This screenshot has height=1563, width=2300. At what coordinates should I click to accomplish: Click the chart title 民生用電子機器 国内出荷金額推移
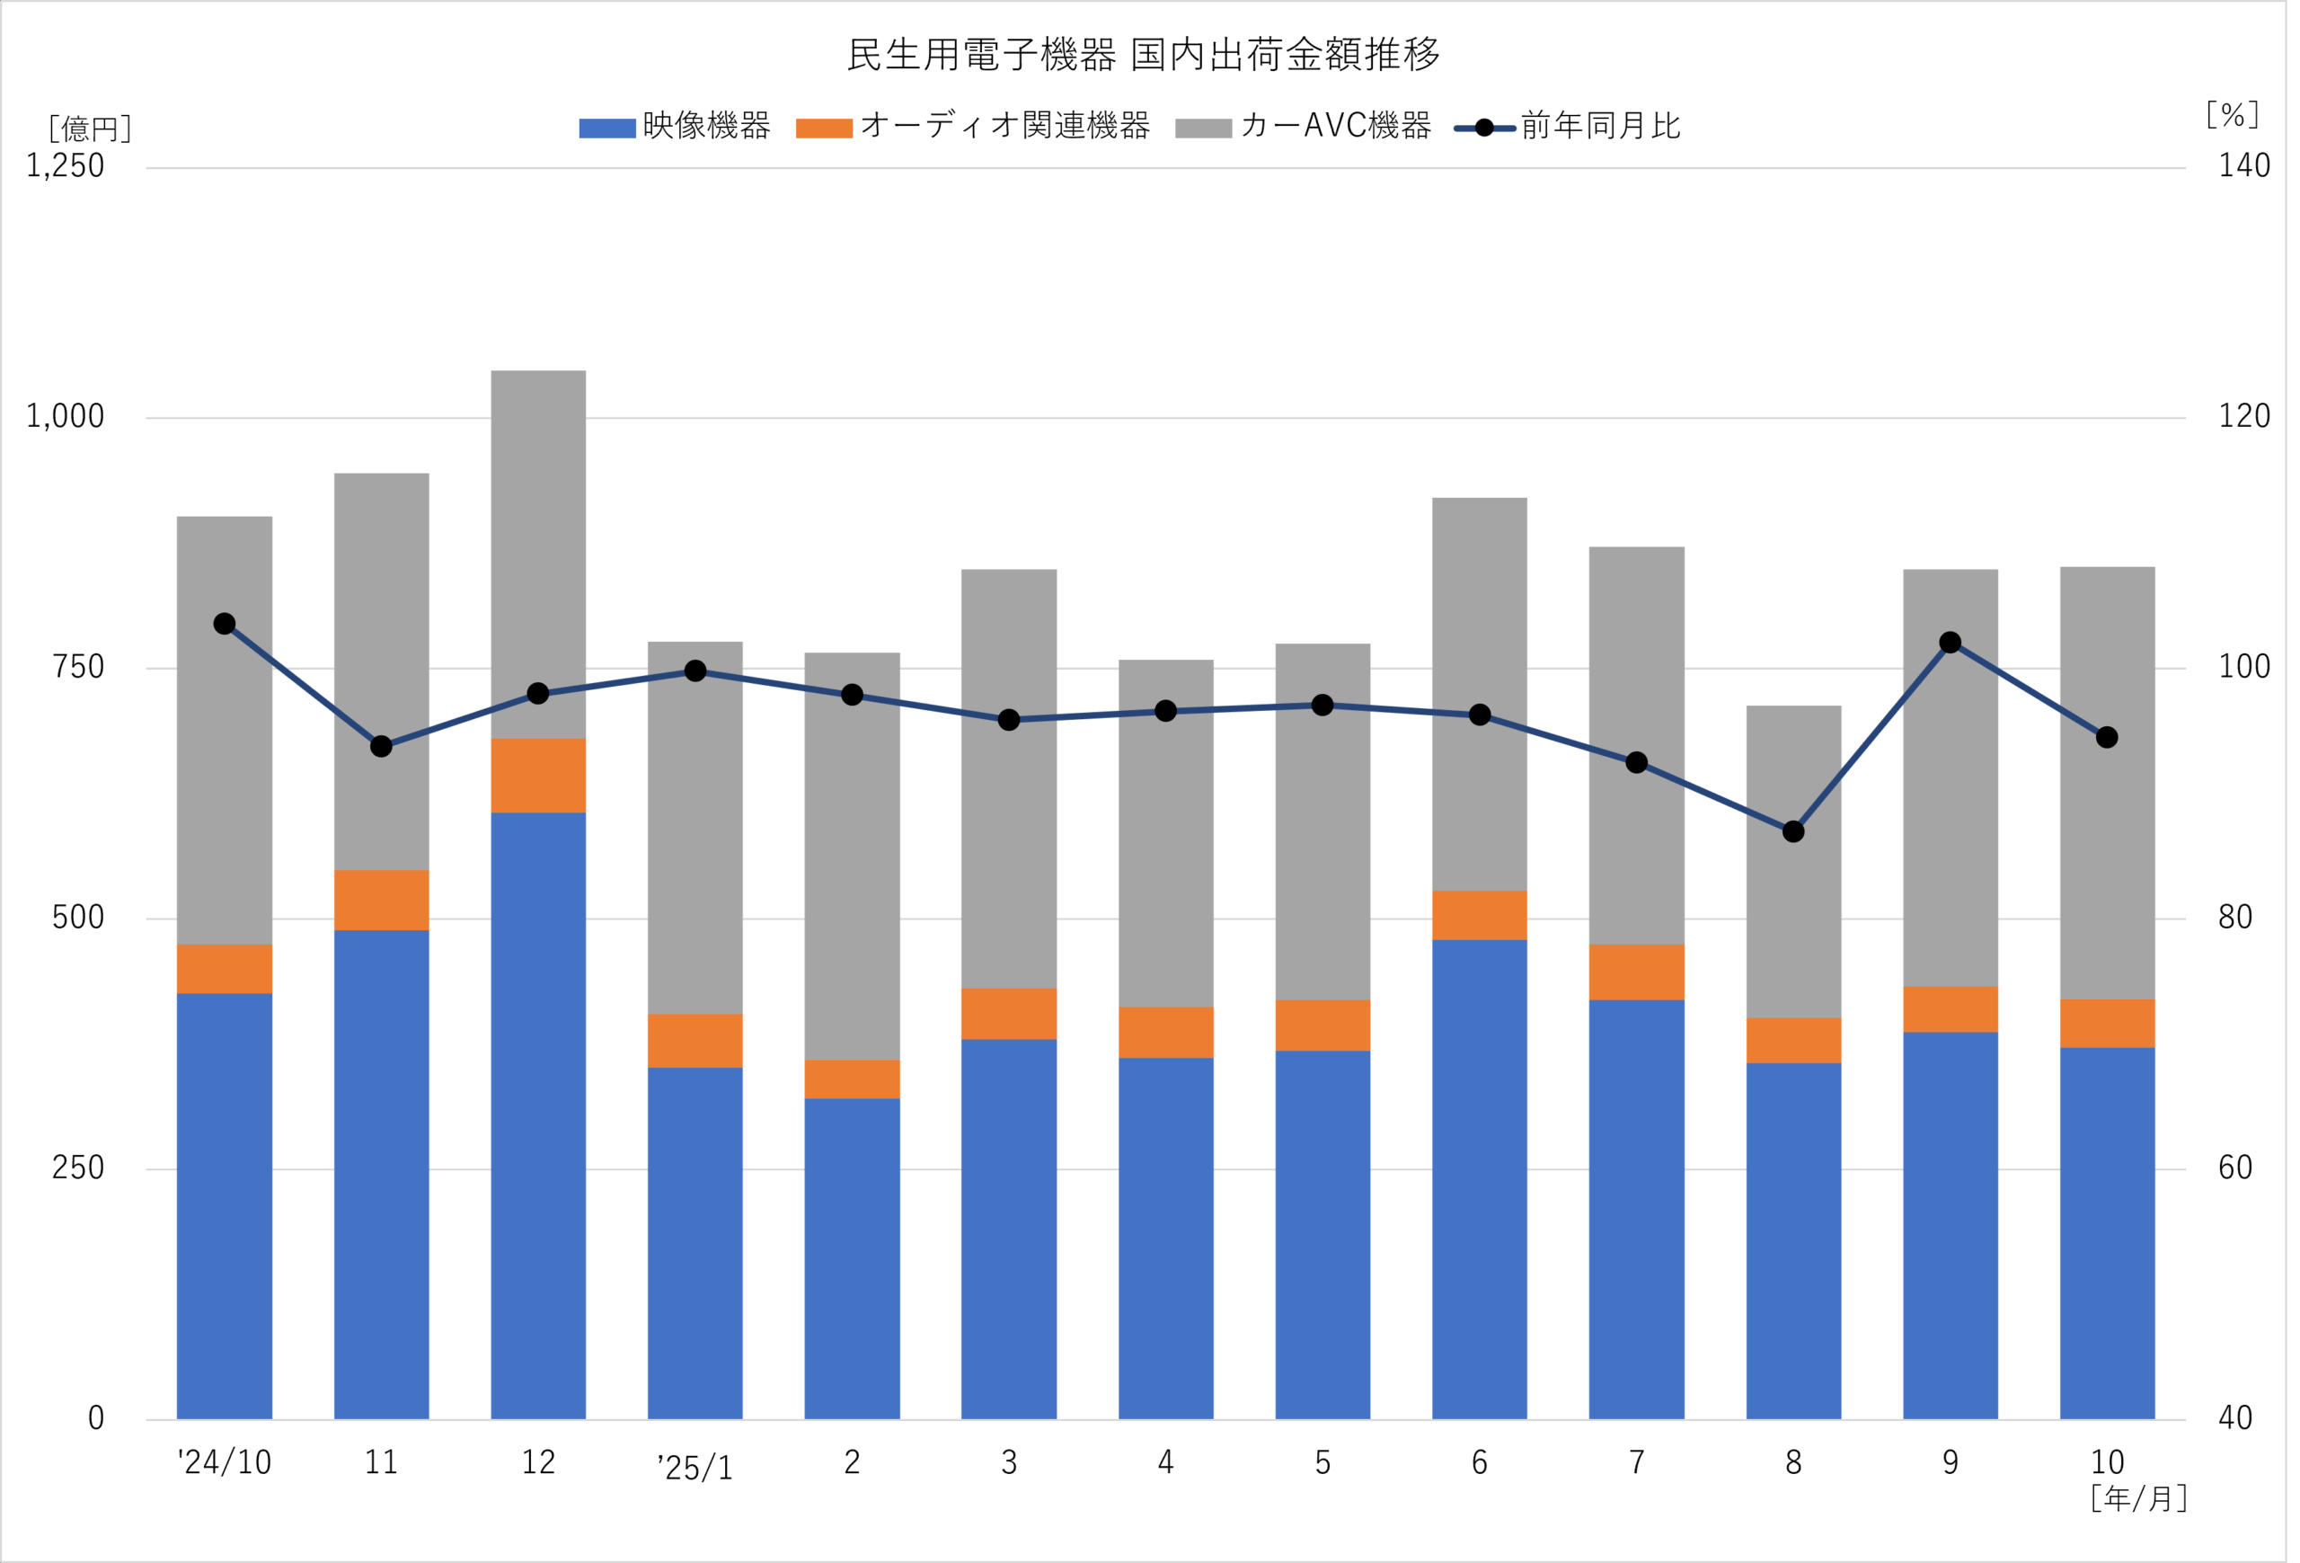pyautogui.click(x=1143, y=55)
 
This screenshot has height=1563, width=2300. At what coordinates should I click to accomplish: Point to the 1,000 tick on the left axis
pyautogui.click(x=66, y=417)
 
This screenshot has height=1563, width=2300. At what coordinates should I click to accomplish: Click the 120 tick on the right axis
pyautogui.click(x=2243, y=417)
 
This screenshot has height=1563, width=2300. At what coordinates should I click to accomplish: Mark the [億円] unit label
pyautogui.click(x=89, y=129)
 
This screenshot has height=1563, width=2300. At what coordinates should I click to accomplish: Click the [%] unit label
pyautogui.click(x=2232, y=115)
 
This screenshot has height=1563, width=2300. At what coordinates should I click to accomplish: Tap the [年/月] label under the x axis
pyautogui.click(x=2137, y=1498)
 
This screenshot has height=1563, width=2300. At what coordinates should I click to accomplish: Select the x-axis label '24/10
pyautogui.click(x=225, y=1462)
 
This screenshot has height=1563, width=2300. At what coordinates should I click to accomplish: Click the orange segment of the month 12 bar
pyautogui.click(x=538, y=775)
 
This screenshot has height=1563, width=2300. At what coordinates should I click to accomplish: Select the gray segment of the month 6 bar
pyautogui.click(x=1479, y=693)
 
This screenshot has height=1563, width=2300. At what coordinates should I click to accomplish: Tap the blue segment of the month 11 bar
pyautogui.click(x=381, y=1173)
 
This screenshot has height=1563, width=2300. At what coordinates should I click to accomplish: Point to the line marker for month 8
pyautogui.click(x=1793, y=831)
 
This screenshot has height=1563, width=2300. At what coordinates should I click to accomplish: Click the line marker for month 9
pyautogui.click(x=1950, y=643)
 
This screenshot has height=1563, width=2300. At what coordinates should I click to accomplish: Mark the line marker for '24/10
pyautogui.click(x=225, y=624)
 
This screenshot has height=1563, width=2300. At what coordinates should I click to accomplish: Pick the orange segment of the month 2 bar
pyautogui.click(x=852, y=1079)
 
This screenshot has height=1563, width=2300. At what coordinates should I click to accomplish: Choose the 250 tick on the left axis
pyautogui.click(x=77, y=1168)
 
